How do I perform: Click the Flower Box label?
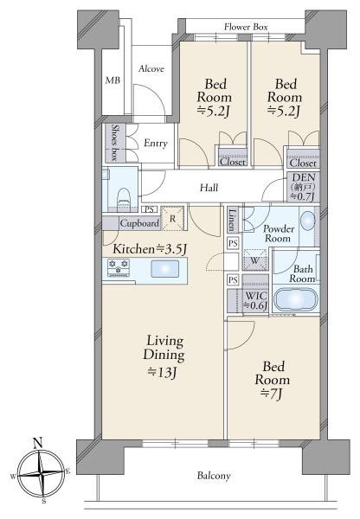pos(246,27)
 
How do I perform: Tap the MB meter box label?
pos(112,80)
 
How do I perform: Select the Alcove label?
pos(151,69)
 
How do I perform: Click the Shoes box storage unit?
pos(115,143)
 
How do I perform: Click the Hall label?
pos(209,188)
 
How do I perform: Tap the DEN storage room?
pos(303,187)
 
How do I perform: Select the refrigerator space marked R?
pos(172,219)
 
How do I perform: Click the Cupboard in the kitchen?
pos(139,223)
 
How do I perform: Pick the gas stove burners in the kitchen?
pos(119,267)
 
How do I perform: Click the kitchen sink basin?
pos(165,268)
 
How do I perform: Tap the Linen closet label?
pos(233,220)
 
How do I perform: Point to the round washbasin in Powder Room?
pos(308,220)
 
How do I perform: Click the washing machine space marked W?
pos(254,259)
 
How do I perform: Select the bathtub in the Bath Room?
pos(297,300)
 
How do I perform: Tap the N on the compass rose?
pos(38,443)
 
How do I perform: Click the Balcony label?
pos(214,476)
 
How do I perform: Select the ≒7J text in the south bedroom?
pos(271,394)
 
